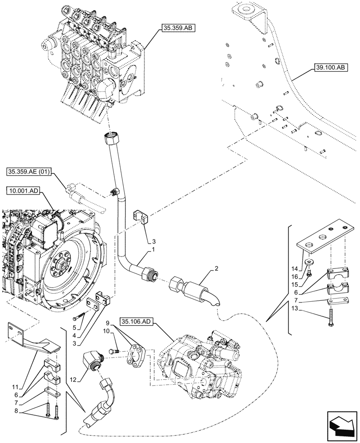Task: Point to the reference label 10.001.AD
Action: pos(23,190)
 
